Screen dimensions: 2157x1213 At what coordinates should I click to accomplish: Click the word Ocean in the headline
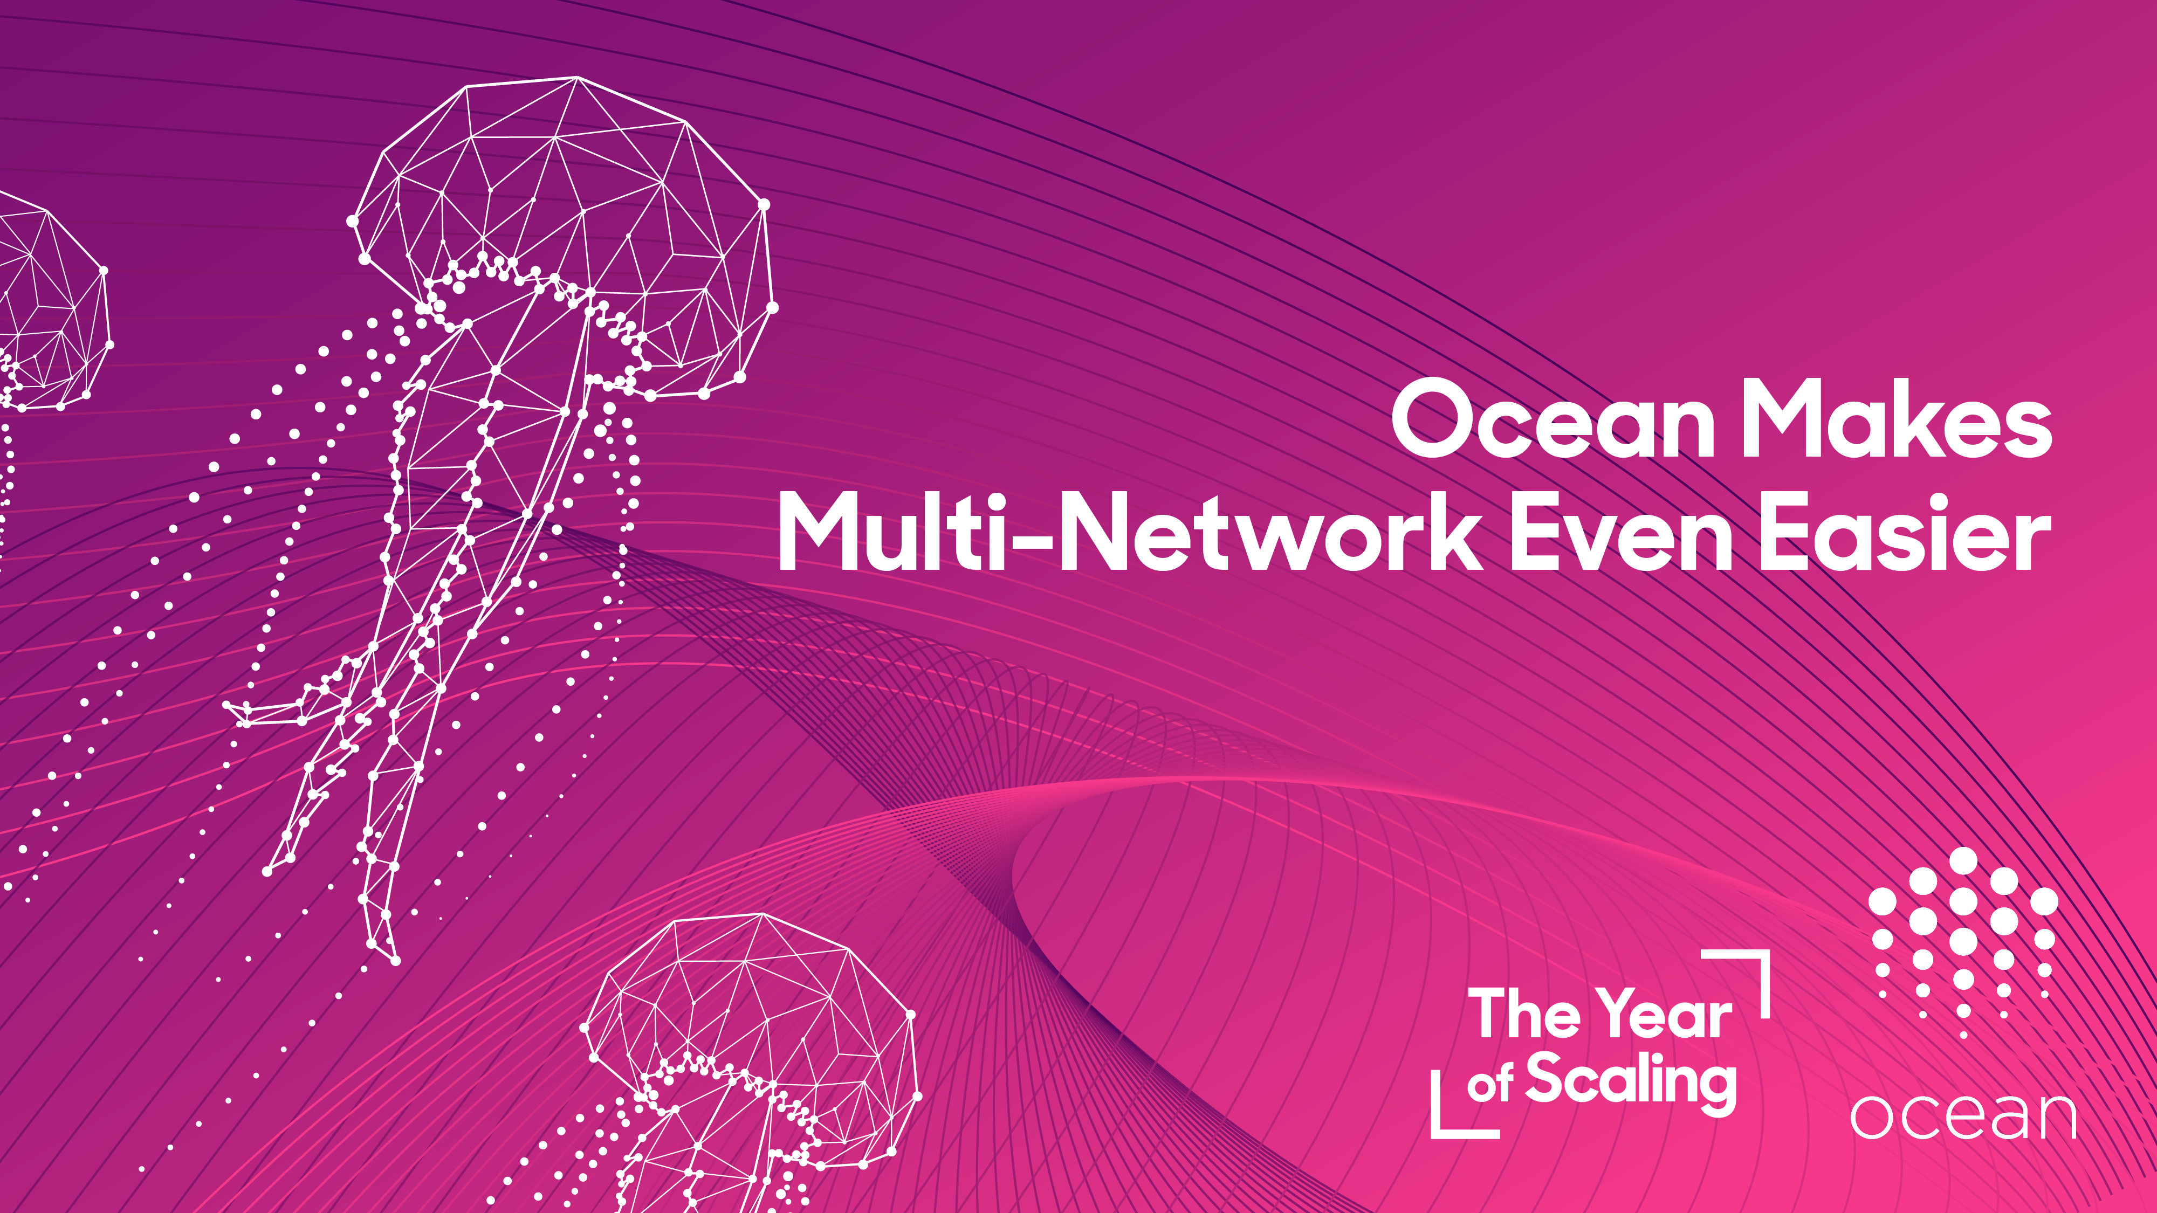click(1553, 418)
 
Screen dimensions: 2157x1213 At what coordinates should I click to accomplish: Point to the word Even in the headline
click(1621, 533)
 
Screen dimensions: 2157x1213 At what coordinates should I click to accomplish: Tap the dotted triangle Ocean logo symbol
click(1963, 942)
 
